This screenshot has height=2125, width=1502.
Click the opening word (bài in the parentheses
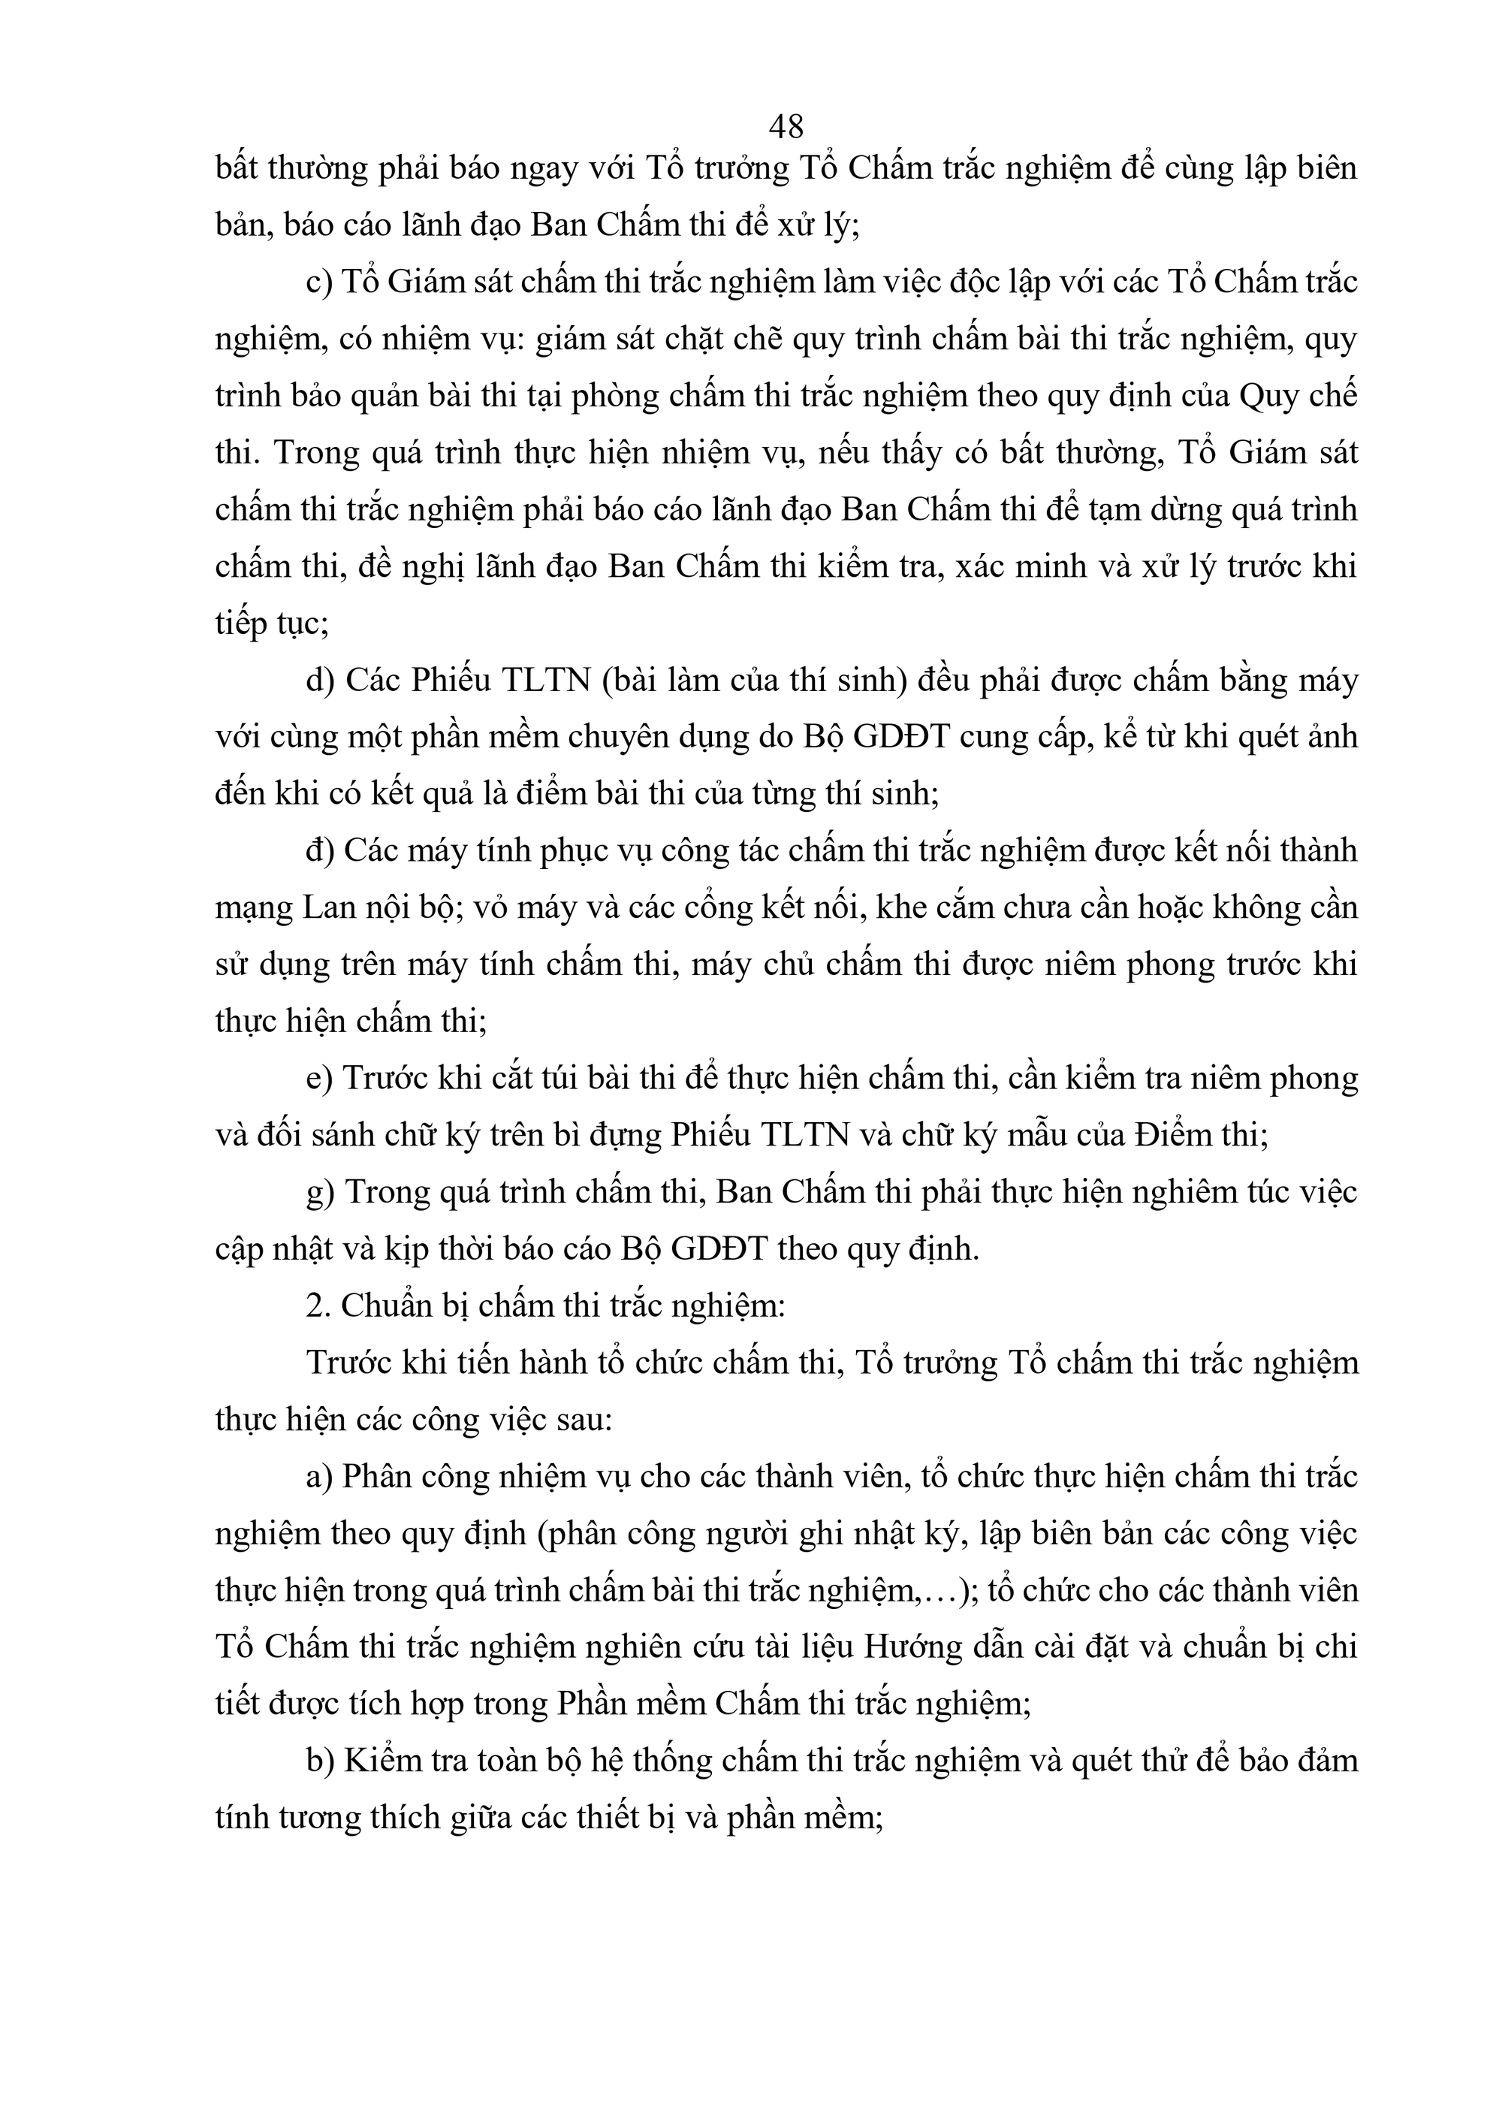pos(629,681)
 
